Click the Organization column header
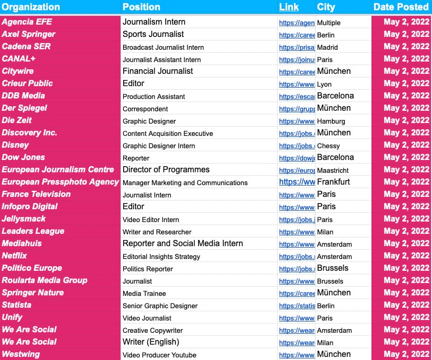pyautogui.click(x=31, y=7)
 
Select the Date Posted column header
pyautogui.click(x=401, y=7)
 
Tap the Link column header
pyautogui.click(x=289, y=7)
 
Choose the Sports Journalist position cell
pyautogui.click(x=153, y=34)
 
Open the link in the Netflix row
pyautogui.click(x=297, y=256)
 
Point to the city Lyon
pyautogui.click(x=324, y=84)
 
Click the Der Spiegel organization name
pyautogui.click(x=25, y=108)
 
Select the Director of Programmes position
pyautogui.click(x=166, y=170)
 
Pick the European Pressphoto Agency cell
pyautogui.click(x=60, y=182)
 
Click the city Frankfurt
pyautogui.click(x=333, y=182)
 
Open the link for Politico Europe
pyautogui.click(x=297, y=269)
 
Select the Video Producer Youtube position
pyautogui.click(x=159, y=355)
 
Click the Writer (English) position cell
pyautogui.click(x=150, y=342)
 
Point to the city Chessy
pyautogui.click(x=328, y=146)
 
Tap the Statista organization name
pyautogui.click(x=16, y=305)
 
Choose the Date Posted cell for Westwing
pyautogui.click(x=406, y=354)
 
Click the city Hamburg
pyautogui.click(x=331, y=121)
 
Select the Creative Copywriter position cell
pyautogui.click(x=152, y=330)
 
